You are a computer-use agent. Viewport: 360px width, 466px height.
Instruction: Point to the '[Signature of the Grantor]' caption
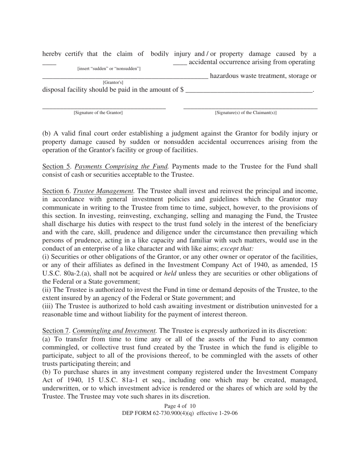point(98,113)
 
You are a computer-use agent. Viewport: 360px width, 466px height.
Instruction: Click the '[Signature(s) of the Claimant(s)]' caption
point(246,113)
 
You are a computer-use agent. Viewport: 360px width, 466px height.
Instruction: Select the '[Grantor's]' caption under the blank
point(113,82)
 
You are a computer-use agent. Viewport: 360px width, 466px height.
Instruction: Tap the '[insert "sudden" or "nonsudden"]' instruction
point(109,69)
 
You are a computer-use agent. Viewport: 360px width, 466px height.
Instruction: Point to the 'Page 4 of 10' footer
point(180,406)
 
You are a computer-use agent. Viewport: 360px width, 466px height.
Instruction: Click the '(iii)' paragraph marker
point(48,306)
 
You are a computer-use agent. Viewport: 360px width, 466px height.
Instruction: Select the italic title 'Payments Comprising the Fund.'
point(121,166)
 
